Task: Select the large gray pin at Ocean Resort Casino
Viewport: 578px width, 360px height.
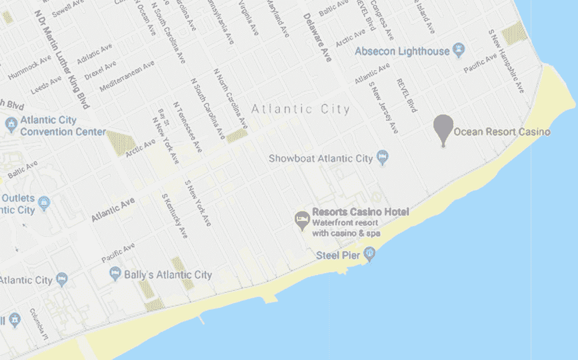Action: tap(443, 128)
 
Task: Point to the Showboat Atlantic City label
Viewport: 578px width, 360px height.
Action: tap(320, 158)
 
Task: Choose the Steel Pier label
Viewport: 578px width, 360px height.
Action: tap(338, 255)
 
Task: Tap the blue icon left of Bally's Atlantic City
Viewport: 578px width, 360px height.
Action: tap(115, 273)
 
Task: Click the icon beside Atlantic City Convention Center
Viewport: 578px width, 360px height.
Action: tap(11, 125)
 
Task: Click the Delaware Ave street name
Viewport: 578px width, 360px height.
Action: tap(317, 38)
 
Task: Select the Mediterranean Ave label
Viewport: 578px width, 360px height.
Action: tap(127, 76)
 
